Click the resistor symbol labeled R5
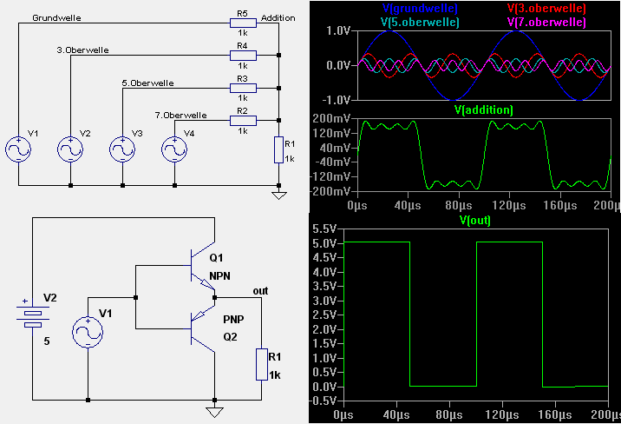243,23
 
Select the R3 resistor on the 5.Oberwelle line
243,88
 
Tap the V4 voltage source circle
174,149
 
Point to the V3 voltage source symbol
122,149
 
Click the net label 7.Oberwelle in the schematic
181,115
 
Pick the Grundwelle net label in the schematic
56,18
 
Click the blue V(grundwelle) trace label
420,8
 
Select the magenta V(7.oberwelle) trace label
546,22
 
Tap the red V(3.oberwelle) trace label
546,8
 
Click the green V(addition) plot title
484,109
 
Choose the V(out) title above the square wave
475,220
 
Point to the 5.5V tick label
324,229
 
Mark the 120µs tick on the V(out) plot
502,415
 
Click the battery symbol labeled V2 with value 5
33,314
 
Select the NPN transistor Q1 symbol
203,266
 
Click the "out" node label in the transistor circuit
260,291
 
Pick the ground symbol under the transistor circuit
214,413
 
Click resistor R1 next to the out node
261,365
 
